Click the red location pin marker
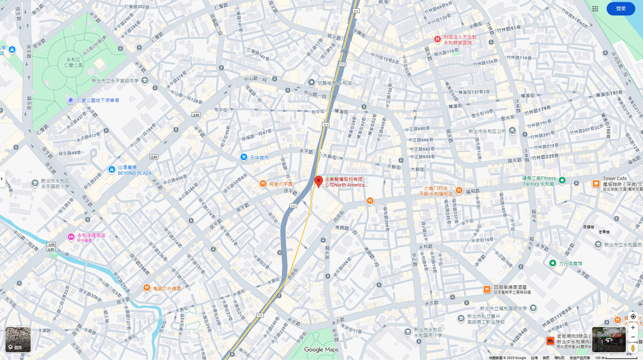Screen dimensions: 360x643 tap(318, 181)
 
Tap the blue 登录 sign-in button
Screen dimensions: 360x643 tap(620, 9)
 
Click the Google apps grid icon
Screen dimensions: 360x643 tap(595, 9)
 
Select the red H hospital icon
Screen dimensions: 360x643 tap(437, 39)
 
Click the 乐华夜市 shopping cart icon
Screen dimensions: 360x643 tap(244, 157)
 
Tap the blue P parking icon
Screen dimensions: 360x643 tap(70, 101)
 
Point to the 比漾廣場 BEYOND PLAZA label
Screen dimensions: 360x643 tap(134, 170)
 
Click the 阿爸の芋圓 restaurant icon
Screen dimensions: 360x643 tap(263, 184)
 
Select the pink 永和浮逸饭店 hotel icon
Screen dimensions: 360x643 tap(71, 237)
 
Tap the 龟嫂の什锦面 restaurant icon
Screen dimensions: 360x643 tap(147, 288)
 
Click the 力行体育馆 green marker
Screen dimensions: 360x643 tap(552, 263)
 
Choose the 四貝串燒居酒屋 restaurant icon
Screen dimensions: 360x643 tap(487, 289)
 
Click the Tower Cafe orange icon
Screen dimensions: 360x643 tap(596, 184)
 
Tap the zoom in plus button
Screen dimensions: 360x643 tap(633, 327)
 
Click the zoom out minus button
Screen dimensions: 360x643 tap(633, 337)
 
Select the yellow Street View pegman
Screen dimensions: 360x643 tap(633, 348)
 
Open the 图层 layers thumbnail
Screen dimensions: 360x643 tap(18, 339)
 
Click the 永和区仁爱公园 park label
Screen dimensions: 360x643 tap(73, 62)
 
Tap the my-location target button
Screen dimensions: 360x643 tap(633, 317)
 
